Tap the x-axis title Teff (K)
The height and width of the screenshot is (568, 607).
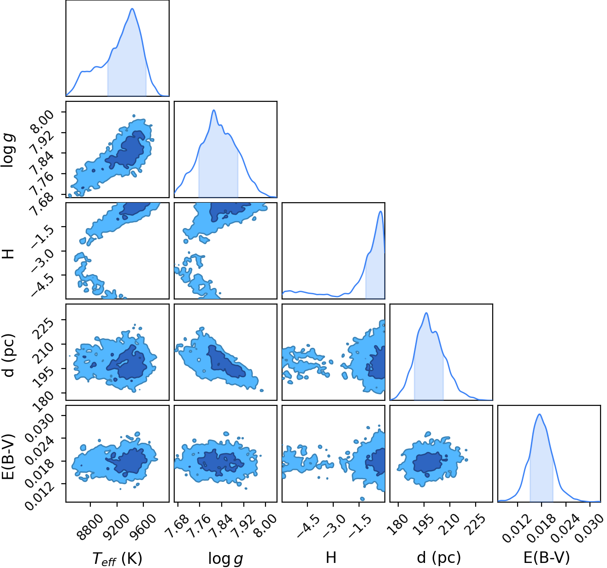click(x=118, y=558)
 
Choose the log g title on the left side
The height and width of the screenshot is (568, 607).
click(x=8, y=149)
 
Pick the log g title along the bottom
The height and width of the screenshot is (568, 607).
click(x=225, y=559)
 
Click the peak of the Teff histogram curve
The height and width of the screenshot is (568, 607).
click(x=132, y=8)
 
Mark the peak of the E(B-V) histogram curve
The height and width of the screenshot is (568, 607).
click(x=539, y=414)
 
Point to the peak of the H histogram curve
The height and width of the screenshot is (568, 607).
click(x=380, y=211)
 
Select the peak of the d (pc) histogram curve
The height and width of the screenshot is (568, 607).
click(x=426, y=313)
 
